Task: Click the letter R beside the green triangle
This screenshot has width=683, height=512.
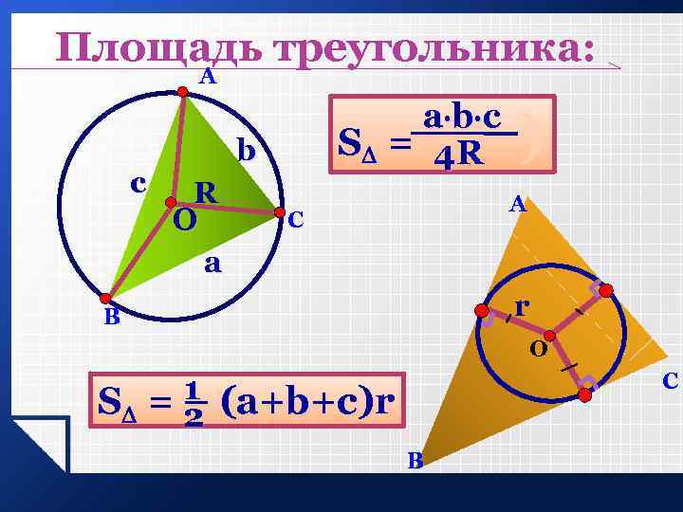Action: (205, 192)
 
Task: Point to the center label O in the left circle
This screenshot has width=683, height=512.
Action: (185, 221)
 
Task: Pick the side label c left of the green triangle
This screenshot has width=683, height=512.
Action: (138, 181)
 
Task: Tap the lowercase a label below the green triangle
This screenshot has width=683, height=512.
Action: (213, 264)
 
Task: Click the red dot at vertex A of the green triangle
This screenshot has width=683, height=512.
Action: (184, 91)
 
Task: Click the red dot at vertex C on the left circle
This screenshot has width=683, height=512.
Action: (279, 211)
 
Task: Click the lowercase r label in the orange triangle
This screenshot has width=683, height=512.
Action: (522, 307)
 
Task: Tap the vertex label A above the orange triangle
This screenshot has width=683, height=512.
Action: (516, 204)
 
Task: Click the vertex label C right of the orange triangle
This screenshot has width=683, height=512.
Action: (670, 381)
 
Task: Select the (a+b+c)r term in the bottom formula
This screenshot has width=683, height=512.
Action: (306, 402)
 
